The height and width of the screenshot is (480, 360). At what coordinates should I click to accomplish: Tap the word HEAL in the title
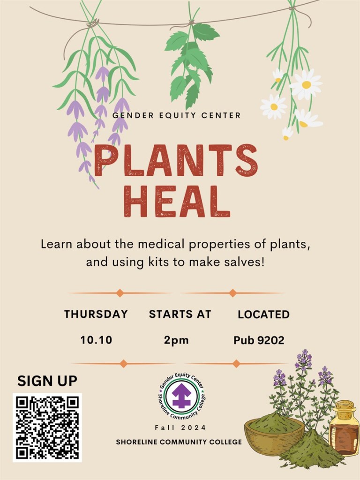[177, 201]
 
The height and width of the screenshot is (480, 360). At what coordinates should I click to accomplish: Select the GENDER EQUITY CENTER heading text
[177, 115]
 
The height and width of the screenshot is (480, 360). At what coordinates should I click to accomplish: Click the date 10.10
[96, 340]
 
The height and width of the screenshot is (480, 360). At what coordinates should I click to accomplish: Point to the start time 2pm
[176, 340]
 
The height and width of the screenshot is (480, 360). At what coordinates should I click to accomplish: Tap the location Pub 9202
[259, 340]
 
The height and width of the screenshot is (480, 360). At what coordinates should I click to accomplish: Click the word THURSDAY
[96, 314]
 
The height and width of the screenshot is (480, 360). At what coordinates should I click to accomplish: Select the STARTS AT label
[180, 314]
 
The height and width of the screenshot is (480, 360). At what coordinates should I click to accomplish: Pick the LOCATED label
[263, 315]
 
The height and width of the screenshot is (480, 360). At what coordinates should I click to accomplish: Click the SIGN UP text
[47, 381]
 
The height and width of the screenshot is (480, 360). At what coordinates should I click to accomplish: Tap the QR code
[47, 427]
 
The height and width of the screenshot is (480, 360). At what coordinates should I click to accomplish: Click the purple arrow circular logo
[182, 395]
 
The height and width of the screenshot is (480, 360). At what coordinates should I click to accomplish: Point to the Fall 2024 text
[180, 427]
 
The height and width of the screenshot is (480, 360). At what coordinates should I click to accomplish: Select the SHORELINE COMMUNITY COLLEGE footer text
[179, 442]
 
